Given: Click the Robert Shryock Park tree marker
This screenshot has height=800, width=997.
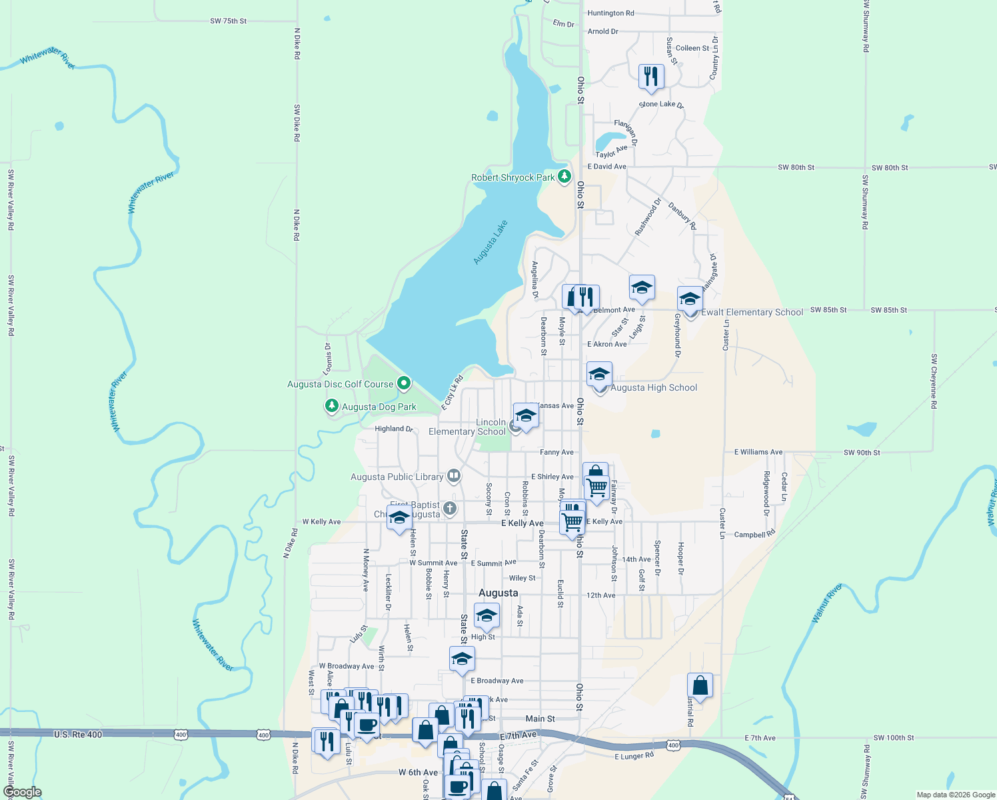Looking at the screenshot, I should (564, 177).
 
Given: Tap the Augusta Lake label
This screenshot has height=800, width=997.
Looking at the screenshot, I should (491, 242).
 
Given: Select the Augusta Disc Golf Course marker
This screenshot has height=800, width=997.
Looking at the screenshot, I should (403, 383).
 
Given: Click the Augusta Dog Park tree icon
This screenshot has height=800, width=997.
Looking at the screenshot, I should (331, 406).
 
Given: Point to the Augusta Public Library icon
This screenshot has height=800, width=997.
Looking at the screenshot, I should (454, 476).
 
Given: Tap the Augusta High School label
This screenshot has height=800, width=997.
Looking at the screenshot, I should (653, 387).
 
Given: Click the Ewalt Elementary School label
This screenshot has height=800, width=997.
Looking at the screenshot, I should (752, 312).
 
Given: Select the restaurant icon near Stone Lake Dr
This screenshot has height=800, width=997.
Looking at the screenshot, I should (651, 76).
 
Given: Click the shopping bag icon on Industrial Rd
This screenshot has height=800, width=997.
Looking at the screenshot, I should (700, 685).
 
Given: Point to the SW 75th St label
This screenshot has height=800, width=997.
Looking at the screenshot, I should (228, 21).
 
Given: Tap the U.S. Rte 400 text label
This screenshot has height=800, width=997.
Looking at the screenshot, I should (78, 734).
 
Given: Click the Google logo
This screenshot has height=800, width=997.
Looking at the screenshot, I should (22, 792).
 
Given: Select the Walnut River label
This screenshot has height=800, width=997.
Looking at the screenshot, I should (827, 603).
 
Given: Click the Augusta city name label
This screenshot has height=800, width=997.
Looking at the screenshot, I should (498, 593).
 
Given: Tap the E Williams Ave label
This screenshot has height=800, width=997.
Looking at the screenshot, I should (758, 452).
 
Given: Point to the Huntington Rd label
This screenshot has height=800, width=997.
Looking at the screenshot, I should (610, 13).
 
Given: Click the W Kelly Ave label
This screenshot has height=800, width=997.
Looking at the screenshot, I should (321, 522).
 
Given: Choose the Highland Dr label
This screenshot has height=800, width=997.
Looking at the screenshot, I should (394, 429).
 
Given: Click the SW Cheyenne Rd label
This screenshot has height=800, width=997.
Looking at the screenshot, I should (934, 381).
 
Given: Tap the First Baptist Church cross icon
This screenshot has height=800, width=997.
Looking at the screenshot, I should (450, 509).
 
